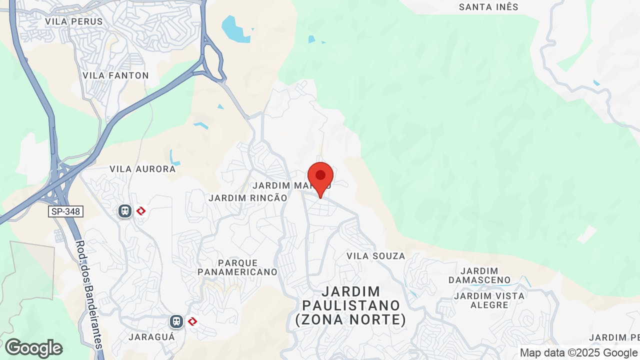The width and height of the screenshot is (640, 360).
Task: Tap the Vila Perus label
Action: click(x=74, y=21)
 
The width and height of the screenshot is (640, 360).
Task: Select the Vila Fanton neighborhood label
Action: click(x=115, y=75)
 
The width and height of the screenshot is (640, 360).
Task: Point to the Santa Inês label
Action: click(x=488, y=7)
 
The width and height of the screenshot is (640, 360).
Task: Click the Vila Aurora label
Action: click(x=142, y=169)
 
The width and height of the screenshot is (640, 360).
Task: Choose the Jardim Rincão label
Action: click(x=248, y=198)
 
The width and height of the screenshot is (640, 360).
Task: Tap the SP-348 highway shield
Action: click(x=65, y=211)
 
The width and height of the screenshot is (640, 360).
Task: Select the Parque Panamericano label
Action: click(x=237, y=267)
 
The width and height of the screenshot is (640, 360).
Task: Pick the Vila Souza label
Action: click(x=376, y=256)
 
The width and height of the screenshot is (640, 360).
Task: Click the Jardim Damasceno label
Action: click(x=479, y=275)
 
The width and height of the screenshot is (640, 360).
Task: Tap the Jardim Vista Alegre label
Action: click(x=489, y=300)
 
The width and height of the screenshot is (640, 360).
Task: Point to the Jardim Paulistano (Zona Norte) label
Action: click(x=351, y=305)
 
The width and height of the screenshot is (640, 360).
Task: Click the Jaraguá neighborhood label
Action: click(x=152, y=336)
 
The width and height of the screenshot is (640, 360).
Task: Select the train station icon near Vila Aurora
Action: click(x=125, y=211)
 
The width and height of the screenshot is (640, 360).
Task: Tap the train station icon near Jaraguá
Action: click(x=176, y=321)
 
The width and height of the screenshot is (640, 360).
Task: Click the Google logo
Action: click(x=33, y=348)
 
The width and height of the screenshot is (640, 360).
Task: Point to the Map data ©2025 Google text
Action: click(x=579, y=353)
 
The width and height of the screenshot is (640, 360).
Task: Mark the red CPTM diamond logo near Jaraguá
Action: click(x=192, y=321)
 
